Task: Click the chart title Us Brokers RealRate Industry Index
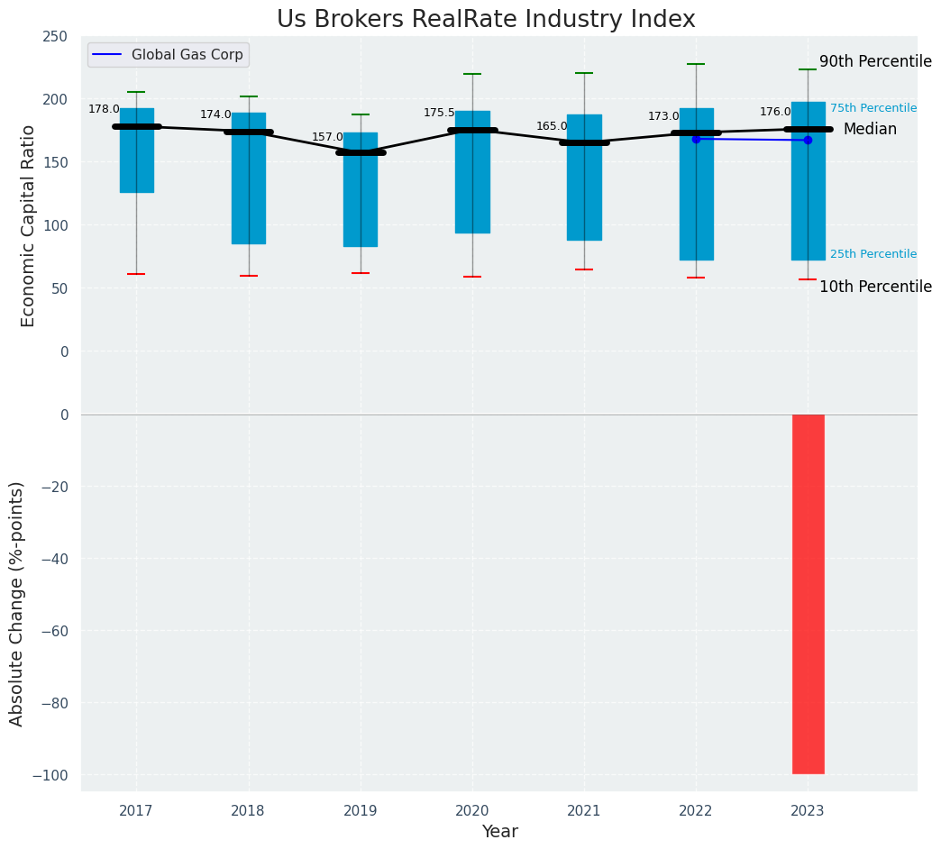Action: click(x=486, y=20)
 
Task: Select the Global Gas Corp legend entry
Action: click(x=187, y=55)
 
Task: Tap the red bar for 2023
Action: click(x=808, y=594)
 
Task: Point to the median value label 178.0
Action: click(x=104, y=110)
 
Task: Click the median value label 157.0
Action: click(x=327, y=138)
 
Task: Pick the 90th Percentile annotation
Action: click(x=875, y=62)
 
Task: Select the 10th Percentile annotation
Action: click(x=875, y=288)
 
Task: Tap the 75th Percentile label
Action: click(x=872, y=108)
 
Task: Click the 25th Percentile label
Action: click(x=872, y=254)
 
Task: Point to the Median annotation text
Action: click(x=870, y=130)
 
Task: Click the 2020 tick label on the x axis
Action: click(x=472, y=811)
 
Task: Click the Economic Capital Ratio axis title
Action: click(x=29, y=225)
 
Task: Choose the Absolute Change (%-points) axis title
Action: click(x=17, y=603)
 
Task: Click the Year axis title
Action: click(x=499, y=832)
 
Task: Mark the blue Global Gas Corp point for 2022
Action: click(x=696, y=139)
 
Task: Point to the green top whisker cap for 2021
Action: click(x=584, y=73)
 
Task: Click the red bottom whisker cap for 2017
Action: click(x=136, y=274)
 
